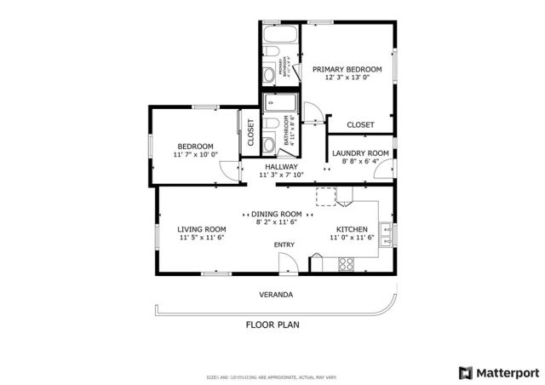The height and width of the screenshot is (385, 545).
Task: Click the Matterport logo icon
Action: [465, 372]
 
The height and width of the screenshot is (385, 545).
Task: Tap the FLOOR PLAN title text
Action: [272, 325]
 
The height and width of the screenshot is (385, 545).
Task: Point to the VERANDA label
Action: [276, 295]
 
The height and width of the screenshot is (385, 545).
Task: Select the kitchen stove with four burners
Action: [347, 264]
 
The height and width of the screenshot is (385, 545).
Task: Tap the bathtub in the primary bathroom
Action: [279, 36]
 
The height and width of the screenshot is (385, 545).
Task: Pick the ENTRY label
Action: [284, 245]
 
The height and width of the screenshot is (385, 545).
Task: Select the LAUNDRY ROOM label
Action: [360, 153]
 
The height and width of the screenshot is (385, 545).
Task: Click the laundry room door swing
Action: [381, 170]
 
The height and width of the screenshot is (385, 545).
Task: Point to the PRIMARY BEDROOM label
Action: [347, 69]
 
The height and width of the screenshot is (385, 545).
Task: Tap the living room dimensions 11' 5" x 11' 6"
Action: [201, 238]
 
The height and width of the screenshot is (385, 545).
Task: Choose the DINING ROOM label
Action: [277, 214]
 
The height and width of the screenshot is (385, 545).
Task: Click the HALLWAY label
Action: [281, 167]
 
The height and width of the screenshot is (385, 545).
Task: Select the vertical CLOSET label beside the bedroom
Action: [251, 133]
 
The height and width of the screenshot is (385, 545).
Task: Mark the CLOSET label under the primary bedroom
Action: [360, 125]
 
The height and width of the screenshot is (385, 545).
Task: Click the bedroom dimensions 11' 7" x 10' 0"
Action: [195, 155]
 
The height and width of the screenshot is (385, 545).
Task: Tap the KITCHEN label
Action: [352, 230]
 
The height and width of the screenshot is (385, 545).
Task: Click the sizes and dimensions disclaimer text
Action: [272, 376]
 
